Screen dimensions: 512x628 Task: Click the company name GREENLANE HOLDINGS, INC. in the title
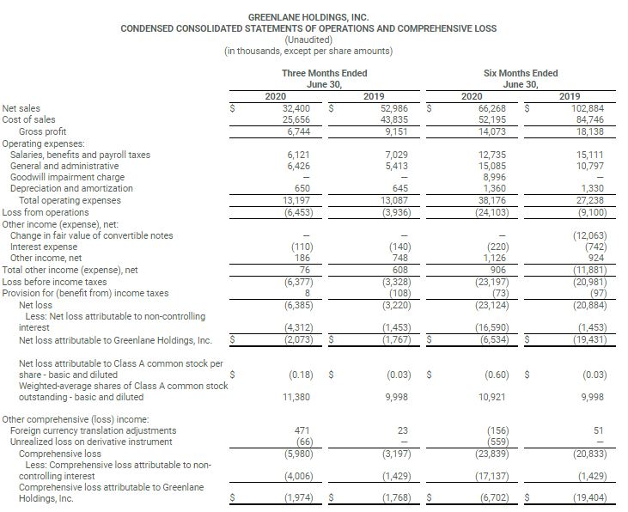[308, 17]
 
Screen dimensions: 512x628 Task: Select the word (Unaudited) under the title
[308, 40]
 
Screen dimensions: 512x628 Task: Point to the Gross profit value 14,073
[491, 131]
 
